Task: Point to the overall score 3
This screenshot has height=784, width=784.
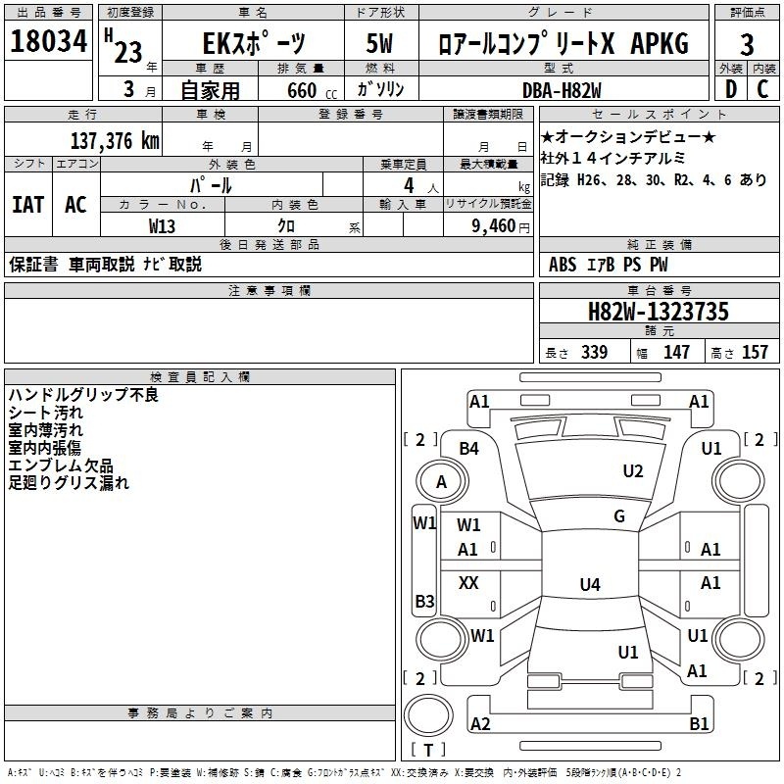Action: pos(747,45)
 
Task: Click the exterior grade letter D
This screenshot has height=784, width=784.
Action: pos(729,88)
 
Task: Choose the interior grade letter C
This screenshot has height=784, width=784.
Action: pos(762,88)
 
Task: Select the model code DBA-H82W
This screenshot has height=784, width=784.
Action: pos(576,89)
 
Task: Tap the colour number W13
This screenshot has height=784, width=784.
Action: pos(163,225)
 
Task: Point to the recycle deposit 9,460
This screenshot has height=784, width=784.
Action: pos(493,226)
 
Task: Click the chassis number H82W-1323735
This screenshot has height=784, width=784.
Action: pos(658,312)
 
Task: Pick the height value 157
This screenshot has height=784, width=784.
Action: pos(755,353)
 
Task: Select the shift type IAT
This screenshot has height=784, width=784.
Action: pos(27,205)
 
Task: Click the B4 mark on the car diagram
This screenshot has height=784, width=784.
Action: pos(469,449)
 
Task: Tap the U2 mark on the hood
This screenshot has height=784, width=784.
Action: pos(633,471)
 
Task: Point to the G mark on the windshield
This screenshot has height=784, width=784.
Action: pos(619,516)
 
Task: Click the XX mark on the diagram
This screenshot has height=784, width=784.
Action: pos(468,583)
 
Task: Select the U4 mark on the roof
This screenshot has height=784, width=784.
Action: pos(589,585)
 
